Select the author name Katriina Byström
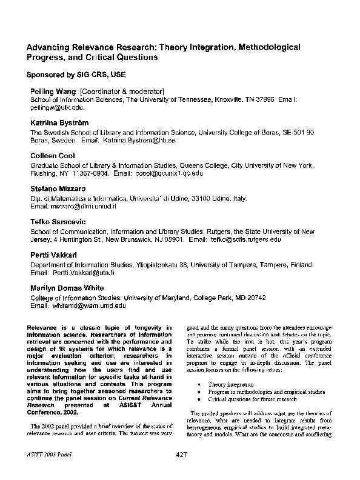pyautogui.click(x=59, y=123)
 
